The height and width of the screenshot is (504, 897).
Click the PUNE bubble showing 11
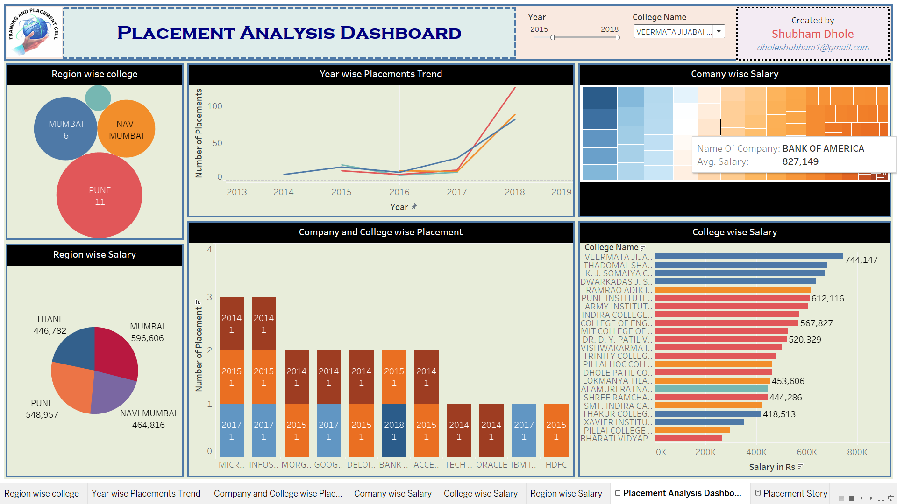pyautogui.click(x=99, y=196)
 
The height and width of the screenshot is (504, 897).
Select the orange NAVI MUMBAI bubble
pyautogui.click(x=126, y=129)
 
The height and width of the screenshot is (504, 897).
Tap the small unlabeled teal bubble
pyautogui.click(x=98, y=98)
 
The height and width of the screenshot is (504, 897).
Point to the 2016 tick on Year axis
pyautogui.click(x=399, y=192)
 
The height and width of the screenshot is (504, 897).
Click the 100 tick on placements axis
pyautogui.click(x=214, y=106)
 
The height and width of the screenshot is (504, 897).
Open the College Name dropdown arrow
pyautogui.click(x=719, y=31)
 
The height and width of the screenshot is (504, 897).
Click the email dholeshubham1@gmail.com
pyautogui.click(x=812, y=48)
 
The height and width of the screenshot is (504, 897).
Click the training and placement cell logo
pyautogui.click(x=34, y=32)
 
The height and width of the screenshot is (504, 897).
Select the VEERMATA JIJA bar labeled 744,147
pyautogui.click(x=748, y=257)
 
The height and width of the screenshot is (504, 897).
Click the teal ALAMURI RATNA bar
pyautogui.click(x=711, y=389)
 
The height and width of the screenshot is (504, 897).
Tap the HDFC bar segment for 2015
pyautogui.click(x=556, y=430)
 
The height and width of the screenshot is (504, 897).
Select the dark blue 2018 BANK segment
pyautogui.click(x=394, y=430)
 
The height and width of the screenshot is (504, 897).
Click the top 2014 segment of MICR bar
pyautogui.click(x=231, y=323)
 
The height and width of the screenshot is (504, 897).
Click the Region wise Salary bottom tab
pyautogui.click(x=566, y=493)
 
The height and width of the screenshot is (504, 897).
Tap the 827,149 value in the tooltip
pyautogui.click(x=800, y=161)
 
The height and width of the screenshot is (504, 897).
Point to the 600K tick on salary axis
pyautogui.click(x=806, y=452)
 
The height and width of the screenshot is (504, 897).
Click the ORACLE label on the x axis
pyautogui.click(x=491, y=465)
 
